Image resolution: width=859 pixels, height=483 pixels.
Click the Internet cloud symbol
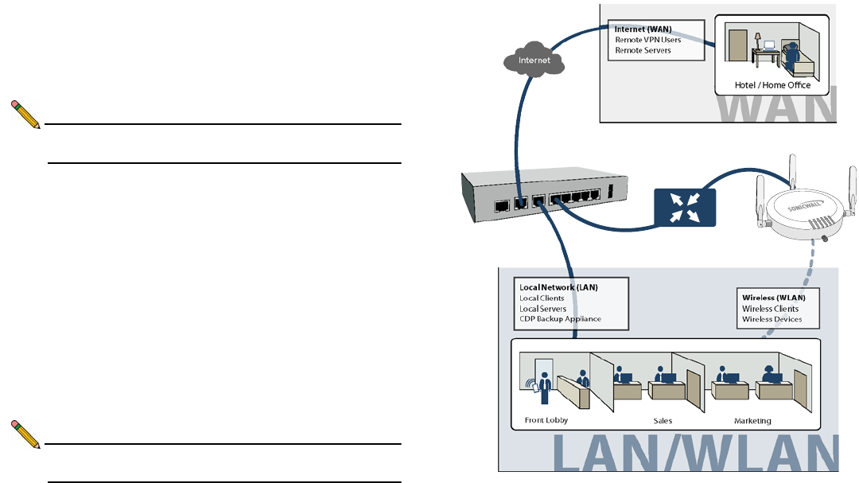(x=534, y=60)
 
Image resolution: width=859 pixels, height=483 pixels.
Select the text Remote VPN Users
(x=647, y=40)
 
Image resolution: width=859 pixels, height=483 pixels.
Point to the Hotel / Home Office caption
(x=773, y=85)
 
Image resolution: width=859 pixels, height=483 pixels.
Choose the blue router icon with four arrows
(x=684, y=206)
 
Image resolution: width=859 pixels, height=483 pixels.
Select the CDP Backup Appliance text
(x=560, y=319)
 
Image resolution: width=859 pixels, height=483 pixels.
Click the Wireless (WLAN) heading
(x=773, y=298)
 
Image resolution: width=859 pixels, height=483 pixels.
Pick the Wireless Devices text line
(x=772, y=319)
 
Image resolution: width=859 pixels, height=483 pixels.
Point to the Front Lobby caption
(x=545, y=421)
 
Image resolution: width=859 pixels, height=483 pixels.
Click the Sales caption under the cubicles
(x=663, y=421)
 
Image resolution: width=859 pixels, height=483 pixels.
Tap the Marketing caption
(x=752, y=421)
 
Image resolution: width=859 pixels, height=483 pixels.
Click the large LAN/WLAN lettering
(x=695, y=455)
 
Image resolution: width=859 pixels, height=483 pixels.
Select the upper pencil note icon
(x=26, y=115)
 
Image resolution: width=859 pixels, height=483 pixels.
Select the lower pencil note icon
(x=26, y=434)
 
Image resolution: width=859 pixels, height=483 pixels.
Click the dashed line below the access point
(x=783, y=294)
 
